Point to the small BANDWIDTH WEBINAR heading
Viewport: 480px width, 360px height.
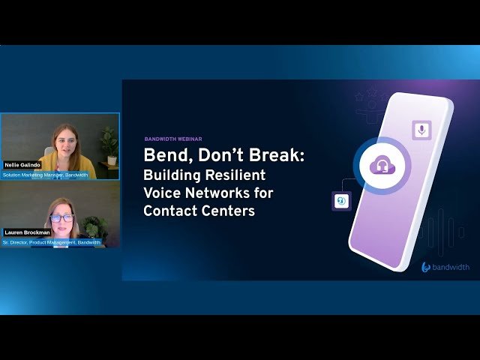tap(173, 139)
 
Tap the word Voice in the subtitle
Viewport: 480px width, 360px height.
tap(162, 193)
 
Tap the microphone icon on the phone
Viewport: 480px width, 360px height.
tap(421, 130)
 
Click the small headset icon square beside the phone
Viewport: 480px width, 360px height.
tap(341, 200)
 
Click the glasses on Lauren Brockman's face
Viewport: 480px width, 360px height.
tap(61, 217)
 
